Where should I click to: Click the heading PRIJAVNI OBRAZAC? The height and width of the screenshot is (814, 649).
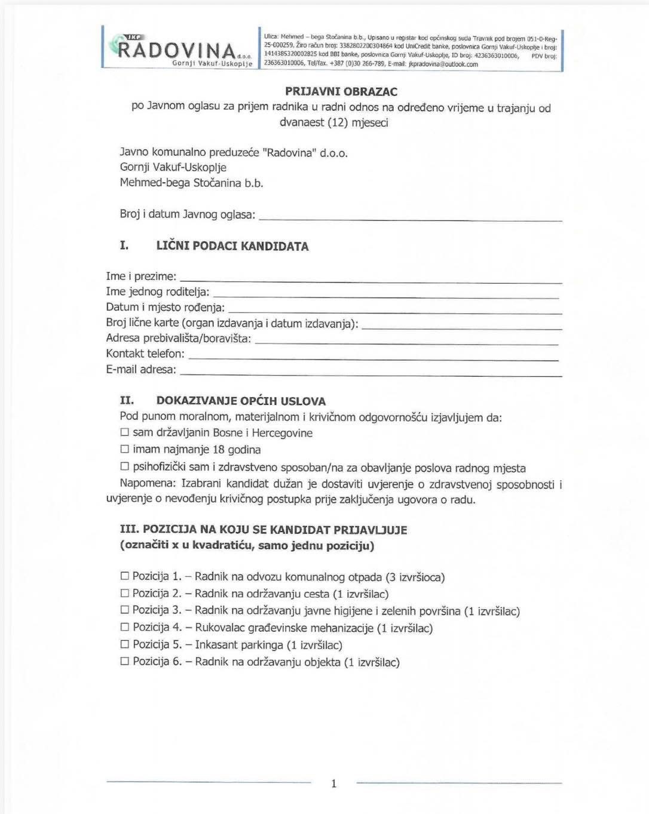point(341,92)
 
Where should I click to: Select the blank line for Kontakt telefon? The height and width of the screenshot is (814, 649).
point(374,356)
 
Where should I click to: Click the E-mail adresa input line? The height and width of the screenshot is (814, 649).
point(371,372)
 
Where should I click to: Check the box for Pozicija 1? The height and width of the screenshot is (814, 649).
point(125,576)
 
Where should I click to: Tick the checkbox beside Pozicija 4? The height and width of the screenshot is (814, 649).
point(125,627)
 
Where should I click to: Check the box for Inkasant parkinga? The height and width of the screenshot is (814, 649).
point(125,644)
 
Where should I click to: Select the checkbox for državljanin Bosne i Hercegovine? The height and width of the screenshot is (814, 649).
point(125,432)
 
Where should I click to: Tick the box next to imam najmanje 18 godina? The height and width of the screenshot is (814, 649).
point(125,449)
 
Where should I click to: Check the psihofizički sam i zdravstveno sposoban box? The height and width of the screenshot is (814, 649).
point(125,467)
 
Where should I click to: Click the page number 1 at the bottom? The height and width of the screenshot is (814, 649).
point(333,784)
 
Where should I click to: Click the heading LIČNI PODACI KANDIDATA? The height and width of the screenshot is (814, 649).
point(232,247)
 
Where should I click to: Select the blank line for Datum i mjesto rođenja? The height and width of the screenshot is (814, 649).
point(395,310)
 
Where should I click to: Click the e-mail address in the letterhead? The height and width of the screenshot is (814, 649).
point(443,64)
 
